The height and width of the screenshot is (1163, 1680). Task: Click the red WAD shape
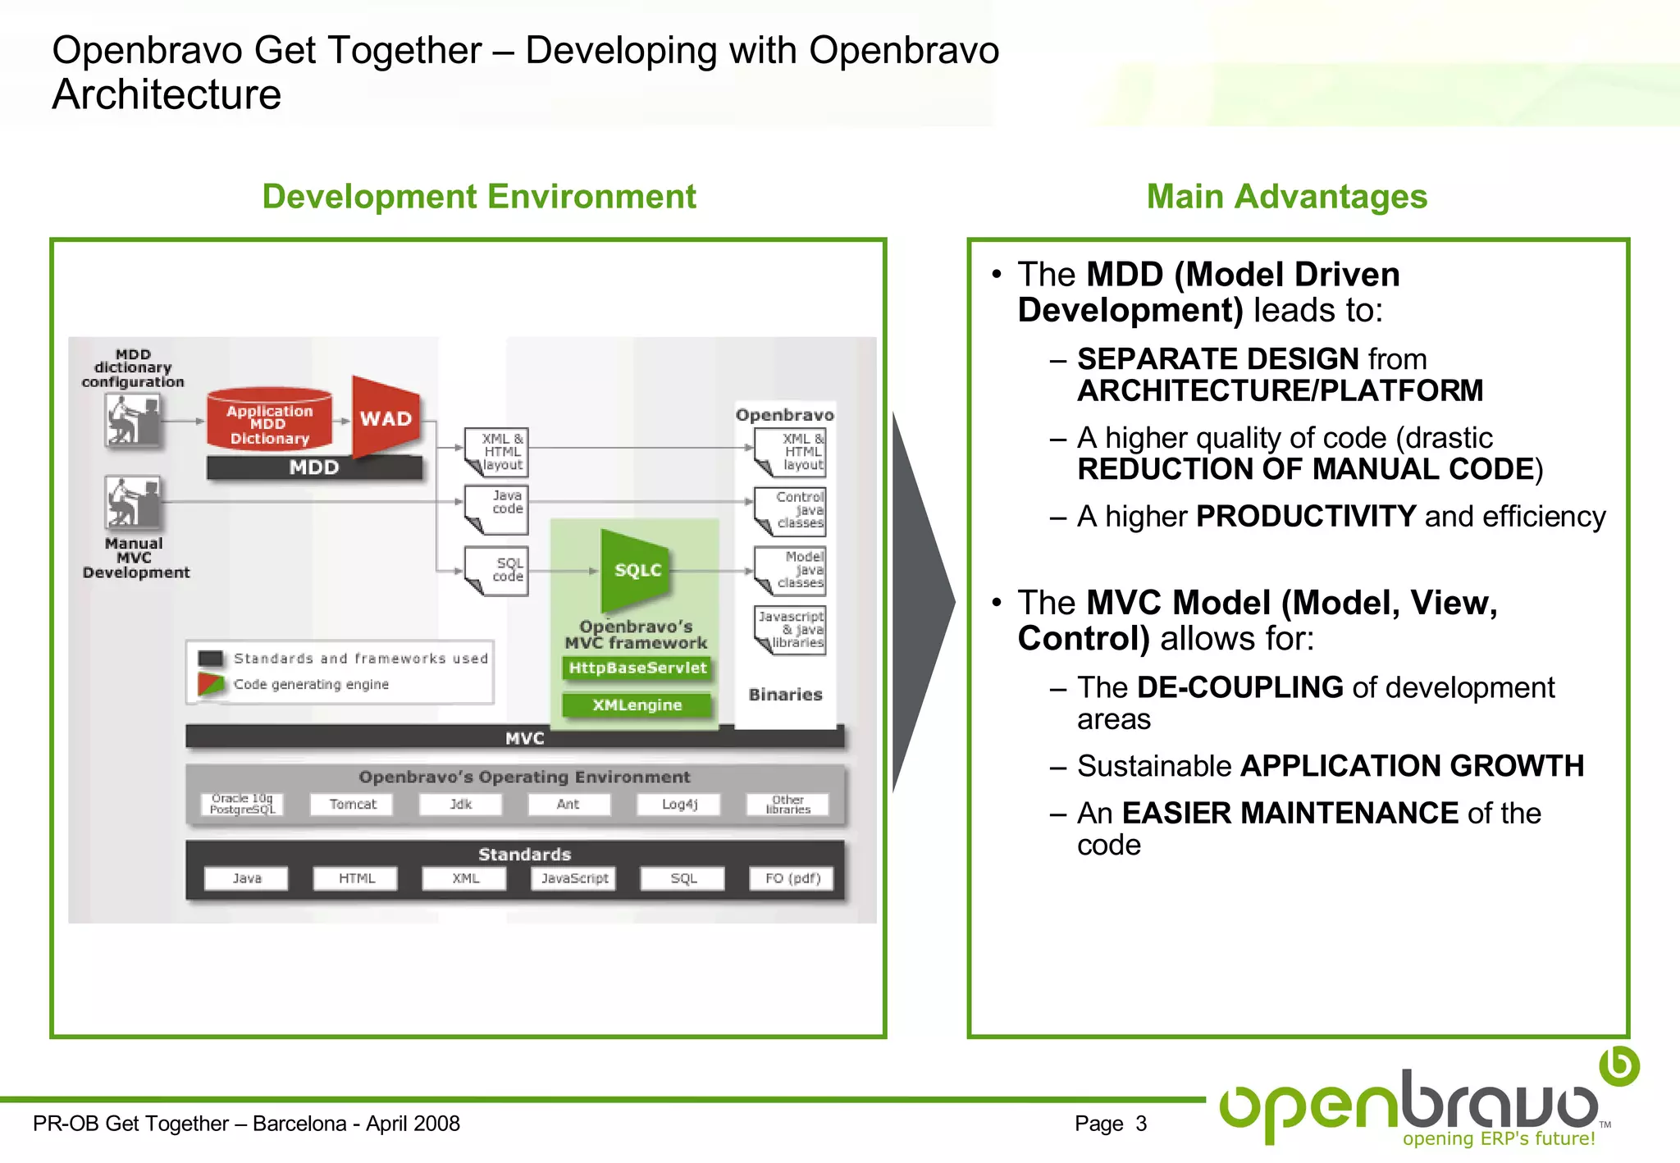pyautogui.click(x=386, y=417)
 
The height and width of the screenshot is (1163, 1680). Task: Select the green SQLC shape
pyautogui.click(x=637, y=570)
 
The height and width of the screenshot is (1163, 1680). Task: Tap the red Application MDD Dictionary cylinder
pyautogui.click(x=269, y=420)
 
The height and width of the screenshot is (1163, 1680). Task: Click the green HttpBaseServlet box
pyautogui.click(x=637, y=668)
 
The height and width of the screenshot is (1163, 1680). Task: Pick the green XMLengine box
pyautogui.click(x=637, y=705)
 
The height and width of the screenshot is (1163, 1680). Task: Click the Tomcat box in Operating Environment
pyautogui.click(x=352, y=804)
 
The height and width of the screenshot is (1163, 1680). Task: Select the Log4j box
pyautogui.click(x=679, y=804)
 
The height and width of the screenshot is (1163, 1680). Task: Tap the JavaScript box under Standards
pyautogui.click(x=574, y=878)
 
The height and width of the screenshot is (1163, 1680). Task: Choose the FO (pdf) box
pyautogui.click(x=792, y=878)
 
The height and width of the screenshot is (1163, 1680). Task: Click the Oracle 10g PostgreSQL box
pyautogui.click(x=242, y=804)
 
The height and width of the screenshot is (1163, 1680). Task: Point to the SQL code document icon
pyautogui.click(x=497, y=570)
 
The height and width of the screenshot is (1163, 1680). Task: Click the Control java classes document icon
pyautogui.click(x=790, y=511)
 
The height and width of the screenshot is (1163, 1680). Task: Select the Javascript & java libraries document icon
pyautogui.click(x=790, y=629)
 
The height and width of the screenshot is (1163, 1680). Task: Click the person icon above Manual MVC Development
pyautogui.click(x=134, y=503)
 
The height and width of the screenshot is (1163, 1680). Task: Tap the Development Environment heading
pyautogui.click(x=479, y=197)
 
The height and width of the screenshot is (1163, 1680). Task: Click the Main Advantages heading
pyautogui.click(x=1286, y=197)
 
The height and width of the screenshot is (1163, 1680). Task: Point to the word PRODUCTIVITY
pyautogui.click(x=1306, y=517)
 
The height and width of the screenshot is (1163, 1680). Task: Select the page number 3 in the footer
pyautogui.click(x=1141, y=1124)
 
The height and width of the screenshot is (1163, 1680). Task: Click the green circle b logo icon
pyautogui.click(x=1619, y=1065)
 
